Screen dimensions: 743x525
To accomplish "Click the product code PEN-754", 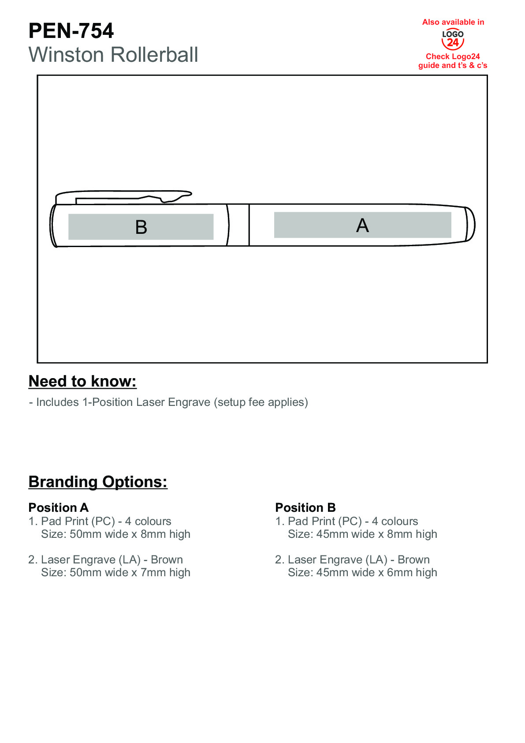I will [x=71, y=31].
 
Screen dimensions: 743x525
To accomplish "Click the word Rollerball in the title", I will [x=154, y=55].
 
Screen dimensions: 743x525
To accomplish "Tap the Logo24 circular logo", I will [x=453, y=39].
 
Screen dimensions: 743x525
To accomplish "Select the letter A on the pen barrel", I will [x=362, y=225].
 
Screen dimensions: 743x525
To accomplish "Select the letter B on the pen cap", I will [x=141, y=227].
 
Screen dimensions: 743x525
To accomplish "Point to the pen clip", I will [x=123, y=196].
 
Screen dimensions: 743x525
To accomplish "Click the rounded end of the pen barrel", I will [x=470, y=224].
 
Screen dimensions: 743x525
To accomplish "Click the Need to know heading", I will [x=82, y=381].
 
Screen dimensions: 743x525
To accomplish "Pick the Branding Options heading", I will [x=98, y=482].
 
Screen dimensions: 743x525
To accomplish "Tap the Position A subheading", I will [x=59, y=507].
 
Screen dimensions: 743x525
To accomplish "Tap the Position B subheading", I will [x=305, y=507].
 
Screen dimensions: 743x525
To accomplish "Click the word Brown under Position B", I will [x=413, y=560].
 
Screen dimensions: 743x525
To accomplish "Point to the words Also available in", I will [x=453, y=22].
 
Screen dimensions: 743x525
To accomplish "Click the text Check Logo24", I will [x=453, y=56].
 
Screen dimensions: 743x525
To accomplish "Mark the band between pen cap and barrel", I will [x=238, y=225].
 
